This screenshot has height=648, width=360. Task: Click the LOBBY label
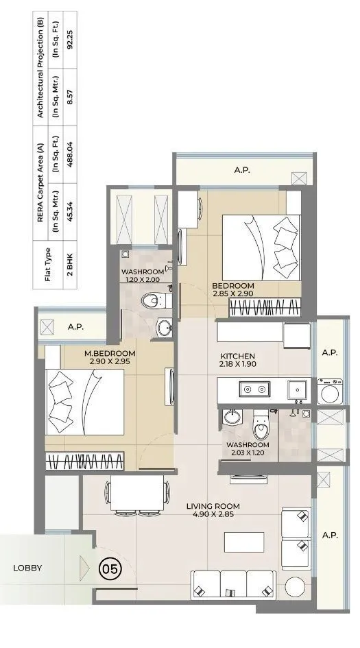coord(27,568)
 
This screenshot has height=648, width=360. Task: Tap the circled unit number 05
coord(108,568)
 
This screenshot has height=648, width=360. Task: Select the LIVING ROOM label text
coord(213,507)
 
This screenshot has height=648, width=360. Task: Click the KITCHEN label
coord(237,356)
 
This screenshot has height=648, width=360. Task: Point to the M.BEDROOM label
coord(109,353)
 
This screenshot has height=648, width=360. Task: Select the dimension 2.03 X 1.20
coord(248,453)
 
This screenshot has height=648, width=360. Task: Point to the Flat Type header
coord(48,263)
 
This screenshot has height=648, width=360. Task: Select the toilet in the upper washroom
coord(151,300)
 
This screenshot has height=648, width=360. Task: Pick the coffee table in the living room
coord(244,542)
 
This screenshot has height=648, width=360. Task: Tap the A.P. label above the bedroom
coord(241,169)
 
